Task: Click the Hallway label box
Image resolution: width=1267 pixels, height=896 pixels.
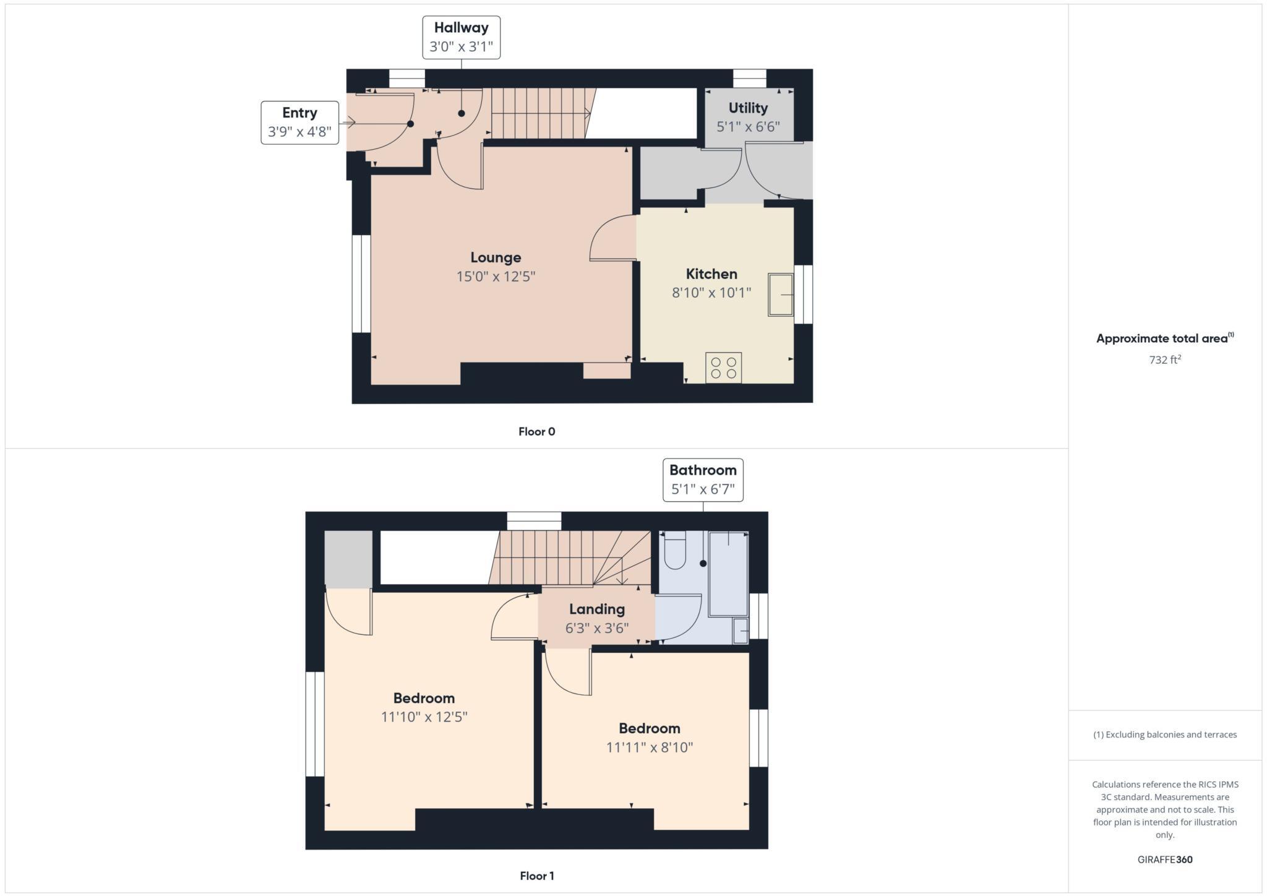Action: click(461, 37)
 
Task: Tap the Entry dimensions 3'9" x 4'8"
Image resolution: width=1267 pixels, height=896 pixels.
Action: click(299, 132)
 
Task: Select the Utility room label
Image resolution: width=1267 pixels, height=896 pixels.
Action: click(748, 108)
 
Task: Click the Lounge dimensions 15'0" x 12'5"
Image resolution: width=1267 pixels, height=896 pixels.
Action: click(496, 277)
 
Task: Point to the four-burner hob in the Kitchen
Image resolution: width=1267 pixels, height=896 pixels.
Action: click(723, 368)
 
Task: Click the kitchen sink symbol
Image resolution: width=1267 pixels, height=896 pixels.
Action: click(781, 295)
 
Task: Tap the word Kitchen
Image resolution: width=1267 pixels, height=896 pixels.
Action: click(711, 274)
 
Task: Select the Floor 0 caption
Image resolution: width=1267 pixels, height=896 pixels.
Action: click(536, 432)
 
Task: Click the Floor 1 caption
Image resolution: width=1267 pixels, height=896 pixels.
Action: click(536, 876)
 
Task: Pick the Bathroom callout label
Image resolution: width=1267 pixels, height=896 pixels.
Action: click(703, 480)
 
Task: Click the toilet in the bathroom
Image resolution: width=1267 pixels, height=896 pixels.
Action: click(674, 550)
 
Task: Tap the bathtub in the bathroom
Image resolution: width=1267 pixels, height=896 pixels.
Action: click(728, 573)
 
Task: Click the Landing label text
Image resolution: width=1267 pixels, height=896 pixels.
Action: click(597, 610)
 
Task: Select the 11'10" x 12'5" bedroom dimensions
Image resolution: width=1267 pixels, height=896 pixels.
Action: click(424, 717)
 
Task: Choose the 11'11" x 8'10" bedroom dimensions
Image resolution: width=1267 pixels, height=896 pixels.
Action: click(649, 747)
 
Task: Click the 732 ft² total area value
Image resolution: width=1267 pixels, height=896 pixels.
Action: click(1165, 360)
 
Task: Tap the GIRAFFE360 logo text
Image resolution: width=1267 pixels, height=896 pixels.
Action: click(1165, 859)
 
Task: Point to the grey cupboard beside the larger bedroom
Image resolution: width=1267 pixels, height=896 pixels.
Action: click(348, 559)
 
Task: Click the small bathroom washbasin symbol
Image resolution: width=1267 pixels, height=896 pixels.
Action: click(741, 631)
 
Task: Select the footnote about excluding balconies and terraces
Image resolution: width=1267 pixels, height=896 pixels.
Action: click(1165, 734)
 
